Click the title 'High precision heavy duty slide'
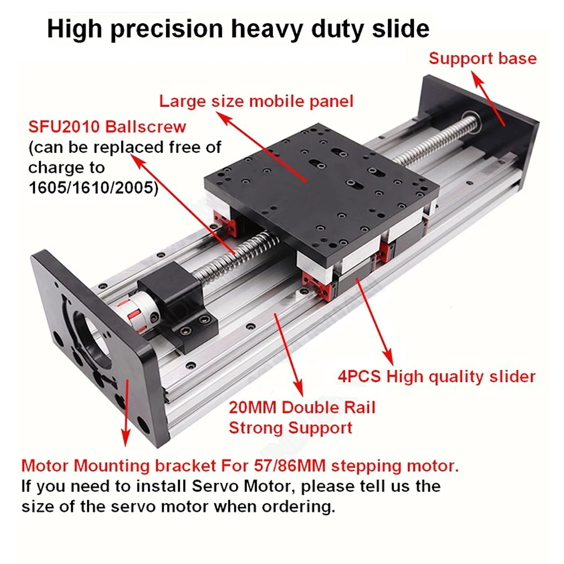(238, 29)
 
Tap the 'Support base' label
(483, 58)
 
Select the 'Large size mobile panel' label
(256, 101)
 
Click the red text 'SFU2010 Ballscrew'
(107, 126)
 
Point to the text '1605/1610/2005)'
(94, 188)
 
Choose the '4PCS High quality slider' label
(437, 377)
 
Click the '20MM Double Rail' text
(302, 408)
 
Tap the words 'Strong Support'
(290, 428)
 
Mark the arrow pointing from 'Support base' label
(488, 99)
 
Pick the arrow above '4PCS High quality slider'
(374, 322)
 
